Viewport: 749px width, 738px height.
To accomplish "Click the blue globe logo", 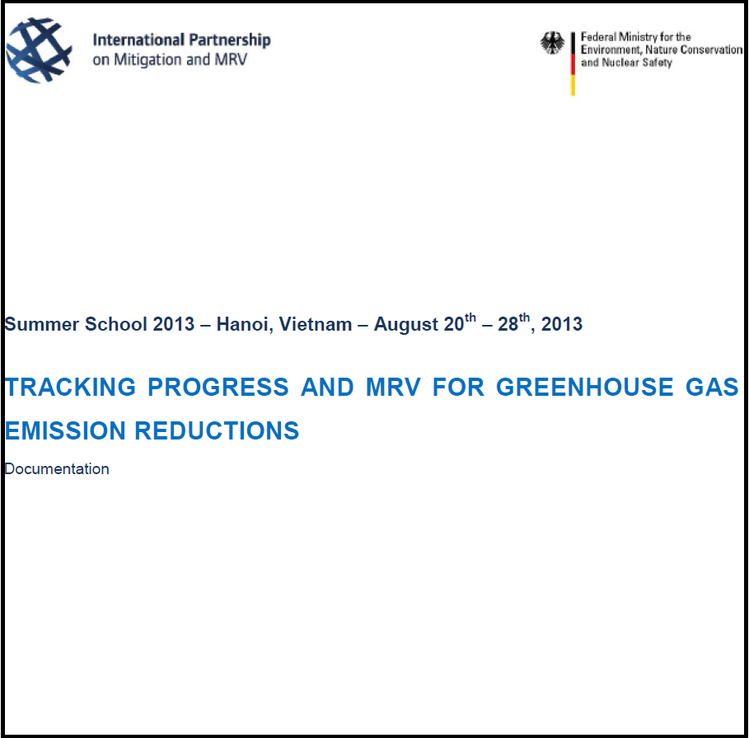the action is [39, 50].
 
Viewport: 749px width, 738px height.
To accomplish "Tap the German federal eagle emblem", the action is [552, 43].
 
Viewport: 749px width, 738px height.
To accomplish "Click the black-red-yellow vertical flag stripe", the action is [573, 63].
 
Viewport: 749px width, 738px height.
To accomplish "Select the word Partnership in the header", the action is [230, 40].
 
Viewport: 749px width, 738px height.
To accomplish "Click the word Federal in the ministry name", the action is [598, 37].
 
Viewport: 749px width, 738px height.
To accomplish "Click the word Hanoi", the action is [245, 325].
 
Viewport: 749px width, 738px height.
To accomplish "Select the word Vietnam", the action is [316, 324].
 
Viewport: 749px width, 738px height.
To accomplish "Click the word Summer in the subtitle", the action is [41, 324].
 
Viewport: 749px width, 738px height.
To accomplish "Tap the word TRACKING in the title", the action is [71, 388].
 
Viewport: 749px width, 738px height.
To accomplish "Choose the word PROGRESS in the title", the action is [218, 388].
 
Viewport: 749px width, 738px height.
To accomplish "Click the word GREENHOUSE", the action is [585, 388].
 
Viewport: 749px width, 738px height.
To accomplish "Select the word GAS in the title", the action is [712, 388].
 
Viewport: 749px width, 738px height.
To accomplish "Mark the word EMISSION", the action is [65, 430].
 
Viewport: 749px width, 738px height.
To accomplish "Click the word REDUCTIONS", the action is [217, 430].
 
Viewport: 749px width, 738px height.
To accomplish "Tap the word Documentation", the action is [57, 469].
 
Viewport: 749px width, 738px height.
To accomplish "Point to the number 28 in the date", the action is [508, 325].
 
